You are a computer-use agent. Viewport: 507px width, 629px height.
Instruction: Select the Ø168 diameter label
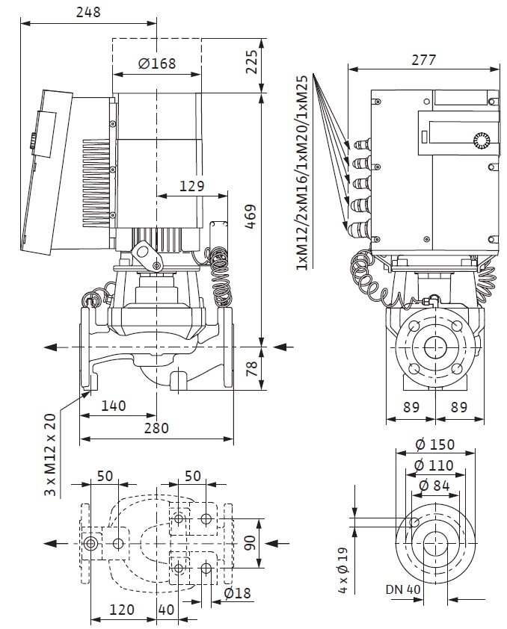(157, 63)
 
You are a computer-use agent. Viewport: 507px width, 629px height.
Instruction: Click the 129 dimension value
(192, 186)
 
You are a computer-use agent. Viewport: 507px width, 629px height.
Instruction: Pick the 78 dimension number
(252, 368)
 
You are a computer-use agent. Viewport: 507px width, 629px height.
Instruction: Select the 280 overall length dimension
(156, 428)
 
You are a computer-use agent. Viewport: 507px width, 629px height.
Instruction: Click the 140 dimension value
(113, 406)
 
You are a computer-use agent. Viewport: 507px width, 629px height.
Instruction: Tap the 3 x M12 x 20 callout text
(50, 454)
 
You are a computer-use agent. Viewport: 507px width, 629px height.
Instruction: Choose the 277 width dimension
(423, 60)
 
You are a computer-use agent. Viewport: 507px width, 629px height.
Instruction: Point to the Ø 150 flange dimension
(434, 444)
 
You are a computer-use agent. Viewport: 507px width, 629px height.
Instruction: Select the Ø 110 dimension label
(434, 465)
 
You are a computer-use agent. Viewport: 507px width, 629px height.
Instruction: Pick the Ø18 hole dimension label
(238, 593)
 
